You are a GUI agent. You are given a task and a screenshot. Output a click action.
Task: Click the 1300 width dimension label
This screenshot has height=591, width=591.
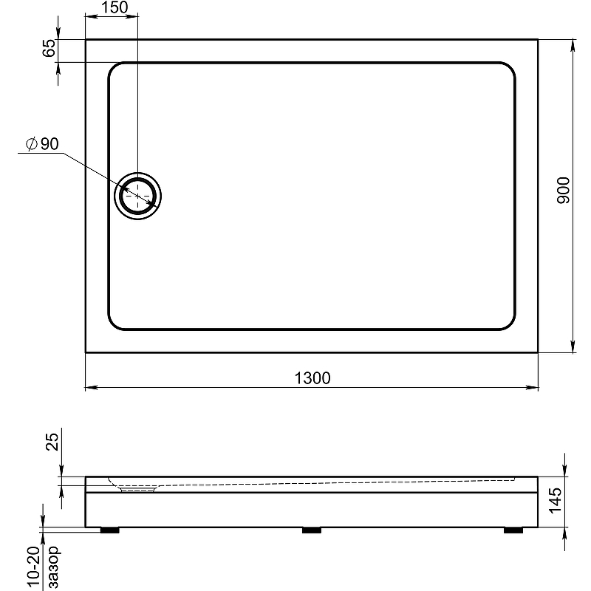pyautogui.click(x=312, y=378)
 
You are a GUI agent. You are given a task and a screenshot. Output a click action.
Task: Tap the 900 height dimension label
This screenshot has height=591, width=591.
pyautogui.click(x=564, y=191)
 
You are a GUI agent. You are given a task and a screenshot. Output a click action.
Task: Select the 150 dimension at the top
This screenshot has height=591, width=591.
pyautogui.click(x=115, y=7)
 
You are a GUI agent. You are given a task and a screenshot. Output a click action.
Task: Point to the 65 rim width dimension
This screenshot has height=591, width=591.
pyautogui.click(x=49, y=48)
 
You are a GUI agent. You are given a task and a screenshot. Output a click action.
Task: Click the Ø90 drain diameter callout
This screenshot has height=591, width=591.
pyautogui.click(x=42, y=143)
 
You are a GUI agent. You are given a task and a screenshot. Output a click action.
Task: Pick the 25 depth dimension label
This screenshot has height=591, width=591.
pyautogui.click(x=52, y=441)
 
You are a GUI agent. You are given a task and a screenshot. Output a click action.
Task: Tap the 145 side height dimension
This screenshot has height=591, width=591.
pyautogui.click(x=556, y=501)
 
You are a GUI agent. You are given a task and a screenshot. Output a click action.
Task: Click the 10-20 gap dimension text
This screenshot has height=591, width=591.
pyautogui.click(x=34, y=567)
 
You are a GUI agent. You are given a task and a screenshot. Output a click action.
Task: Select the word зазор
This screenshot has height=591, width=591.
pyautogui.click(x=54, y=567)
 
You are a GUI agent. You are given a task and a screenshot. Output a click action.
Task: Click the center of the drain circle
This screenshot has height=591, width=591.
pyautogui.click(x=138, y=196)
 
